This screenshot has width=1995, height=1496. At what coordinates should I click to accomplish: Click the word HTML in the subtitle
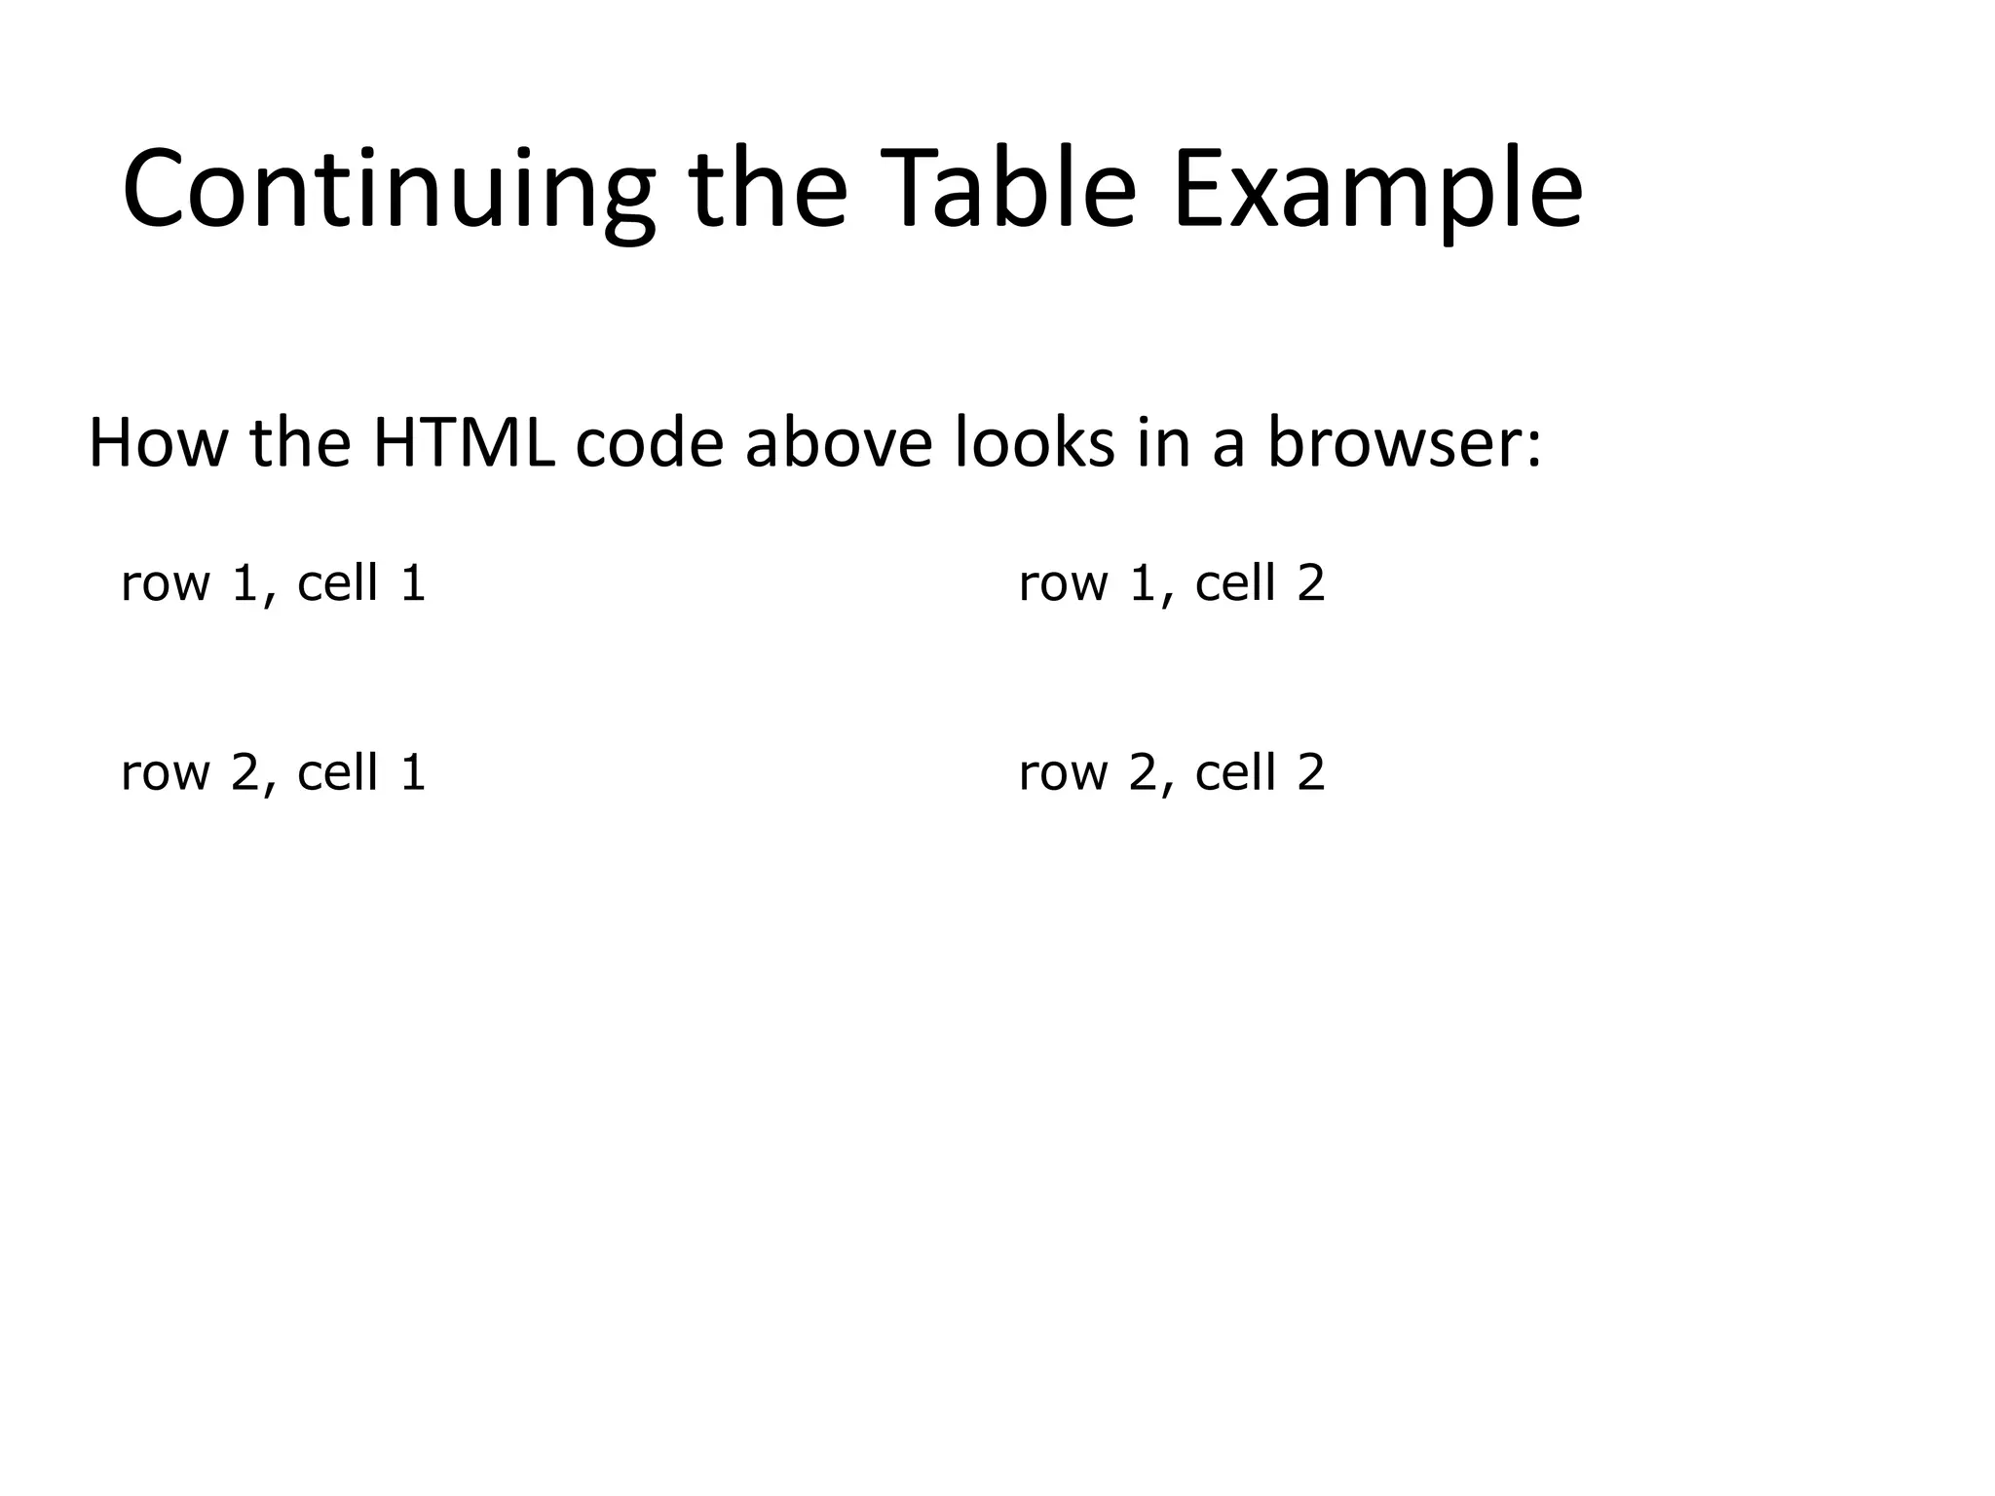tap(464, 443)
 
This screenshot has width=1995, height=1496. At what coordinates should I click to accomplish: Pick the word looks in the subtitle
tap(1034, 443)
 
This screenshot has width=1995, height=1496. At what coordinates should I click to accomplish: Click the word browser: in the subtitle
tap(1404, 443)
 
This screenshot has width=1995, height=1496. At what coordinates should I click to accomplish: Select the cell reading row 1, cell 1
tap(274, 583)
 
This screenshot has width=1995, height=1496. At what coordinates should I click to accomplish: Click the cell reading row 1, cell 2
tap(1172, 583)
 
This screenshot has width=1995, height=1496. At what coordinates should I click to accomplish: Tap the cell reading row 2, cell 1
tap(274, 772)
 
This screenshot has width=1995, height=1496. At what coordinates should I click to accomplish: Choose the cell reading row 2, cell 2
tap(1172, 772)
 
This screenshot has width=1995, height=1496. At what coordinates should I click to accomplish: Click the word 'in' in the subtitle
tap(1163, 443)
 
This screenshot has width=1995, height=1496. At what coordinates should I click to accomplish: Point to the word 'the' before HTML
tap(300, 443)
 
